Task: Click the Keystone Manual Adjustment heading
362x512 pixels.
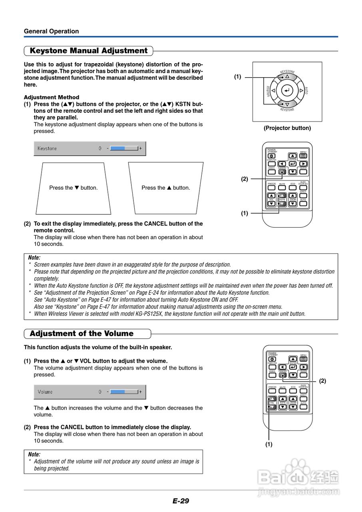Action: (x=89, y=51)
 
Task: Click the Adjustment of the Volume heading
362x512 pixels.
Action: (x=82, y=334)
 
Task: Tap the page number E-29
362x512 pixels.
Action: (x=181, y=501)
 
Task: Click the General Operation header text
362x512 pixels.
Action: (x=51, y=31)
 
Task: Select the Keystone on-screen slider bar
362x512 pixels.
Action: (x=124, y=148)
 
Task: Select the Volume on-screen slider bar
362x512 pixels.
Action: (x=124, y=392)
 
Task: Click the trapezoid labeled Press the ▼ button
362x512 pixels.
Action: (x=74, y=188)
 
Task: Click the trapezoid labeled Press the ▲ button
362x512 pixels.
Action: (x=166, y=188)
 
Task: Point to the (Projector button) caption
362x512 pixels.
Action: (x=287, y=128)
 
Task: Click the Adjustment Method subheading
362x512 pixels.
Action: (x=52, y=97)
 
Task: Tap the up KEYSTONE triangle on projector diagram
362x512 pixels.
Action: (x=287, y=76)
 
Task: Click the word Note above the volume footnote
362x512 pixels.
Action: (x=34, y=454)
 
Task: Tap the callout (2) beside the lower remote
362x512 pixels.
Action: (x=322, y=381)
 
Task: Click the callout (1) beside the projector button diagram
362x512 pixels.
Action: (x=238, y=76)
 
